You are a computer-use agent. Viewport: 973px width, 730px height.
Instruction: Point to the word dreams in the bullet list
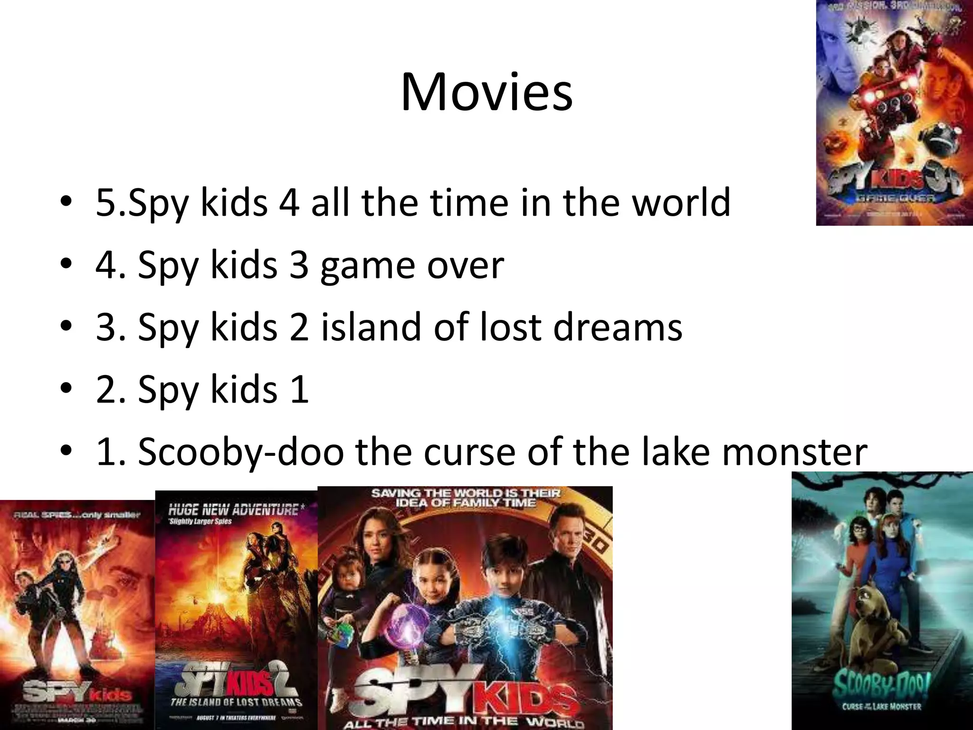(618, 327)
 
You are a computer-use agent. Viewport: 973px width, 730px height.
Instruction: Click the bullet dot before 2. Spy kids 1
(67, 389)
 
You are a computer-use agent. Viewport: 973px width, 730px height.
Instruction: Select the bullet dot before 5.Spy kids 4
(67, 202)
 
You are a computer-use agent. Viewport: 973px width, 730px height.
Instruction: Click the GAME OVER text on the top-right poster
(896, 198)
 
